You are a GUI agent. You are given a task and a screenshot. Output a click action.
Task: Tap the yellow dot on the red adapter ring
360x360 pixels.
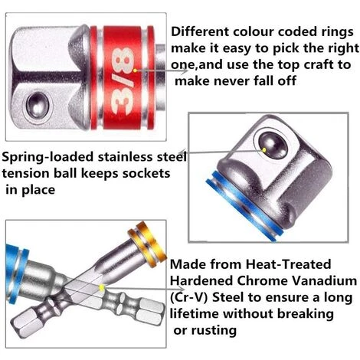(x=135, y=70)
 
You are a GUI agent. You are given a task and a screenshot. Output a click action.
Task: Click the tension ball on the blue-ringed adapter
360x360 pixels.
(x=273, y=145)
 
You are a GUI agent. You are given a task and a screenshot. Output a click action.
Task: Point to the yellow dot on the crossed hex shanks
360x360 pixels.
(x=102, y=288)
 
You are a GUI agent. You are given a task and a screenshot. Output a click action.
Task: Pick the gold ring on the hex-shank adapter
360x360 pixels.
(x=147, y=244)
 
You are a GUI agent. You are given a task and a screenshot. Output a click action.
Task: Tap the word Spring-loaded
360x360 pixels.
(x=47, y=157)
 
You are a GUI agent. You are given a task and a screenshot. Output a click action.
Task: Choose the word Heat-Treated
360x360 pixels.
(x=288, y=264)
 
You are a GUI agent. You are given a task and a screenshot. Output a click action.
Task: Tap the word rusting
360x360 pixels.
(x=214, y=331)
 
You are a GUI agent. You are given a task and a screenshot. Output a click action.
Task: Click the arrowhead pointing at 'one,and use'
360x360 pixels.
(x=185, y=71)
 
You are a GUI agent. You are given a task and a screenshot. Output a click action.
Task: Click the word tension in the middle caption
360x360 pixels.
(x=26, y=174)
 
